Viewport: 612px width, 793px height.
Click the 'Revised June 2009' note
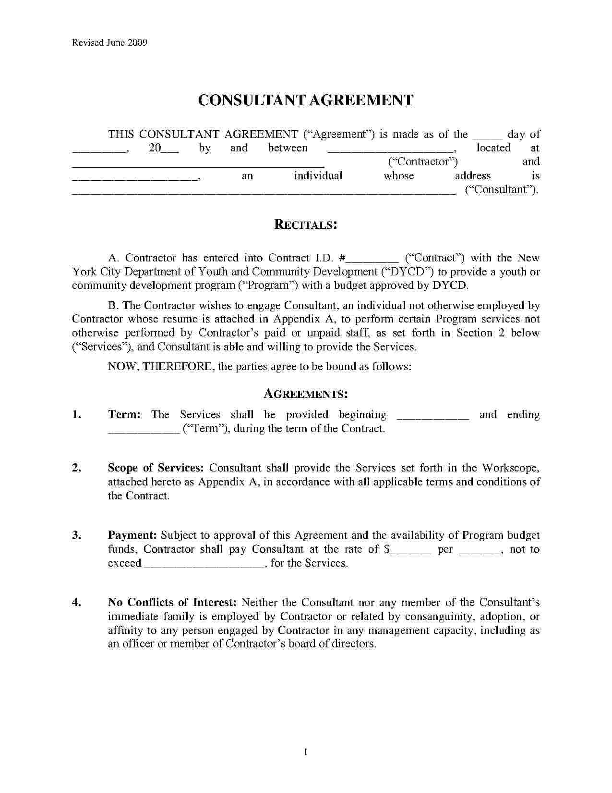109,42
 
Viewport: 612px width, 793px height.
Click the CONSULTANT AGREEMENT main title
306,100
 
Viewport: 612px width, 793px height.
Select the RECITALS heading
305,224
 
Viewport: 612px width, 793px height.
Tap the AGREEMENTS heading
306,395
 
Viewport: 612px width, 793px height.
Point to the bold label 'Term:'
124,415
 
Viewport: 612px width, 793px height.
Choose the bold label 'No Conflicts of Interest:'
172,603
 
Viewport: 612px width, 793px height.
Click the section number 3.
76,535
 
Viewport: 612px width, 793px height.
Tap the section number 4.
76,603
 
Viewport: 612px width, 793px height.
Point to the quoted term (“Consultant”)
501,189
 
